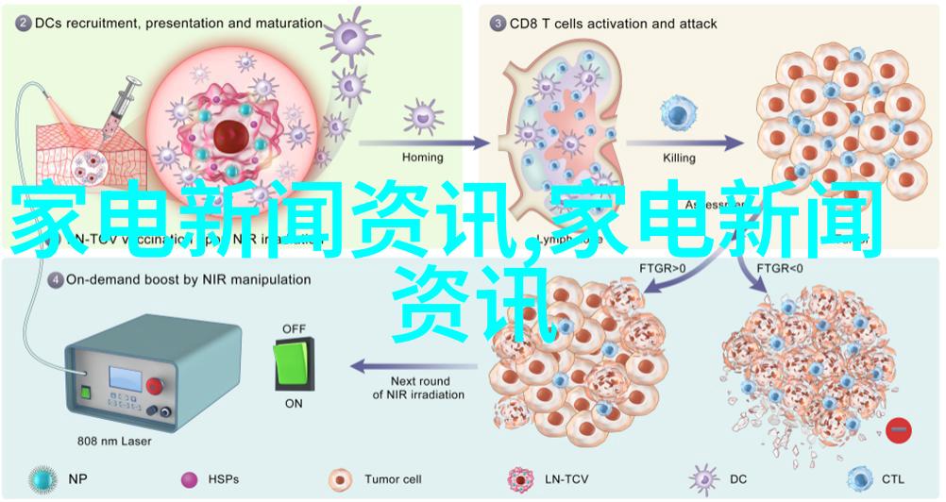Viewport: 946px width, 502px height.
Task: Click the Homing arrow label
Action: [x=422, y=158]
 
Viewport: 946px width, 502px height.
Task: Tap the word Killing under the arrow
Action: [x=678, y=158]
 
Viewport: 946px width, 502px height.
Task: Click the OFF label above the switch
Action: [x=294, y=328]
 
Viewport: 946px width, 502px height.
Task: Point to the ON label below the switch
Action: [x=294, y=403]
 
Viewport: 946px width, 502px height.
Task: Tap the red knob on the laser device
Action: [x=155, y=384]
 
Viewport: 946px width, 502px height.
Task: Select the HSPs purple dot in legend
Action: [x=190, y=479]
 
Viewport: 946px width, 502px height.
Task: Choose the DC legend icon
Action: [x=701, y=479]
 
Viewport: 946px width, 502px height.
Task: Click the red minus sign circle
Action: [x=900, y=430]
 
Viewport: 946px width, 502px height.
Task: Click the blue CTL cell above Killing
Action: [x=677, y=114]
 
